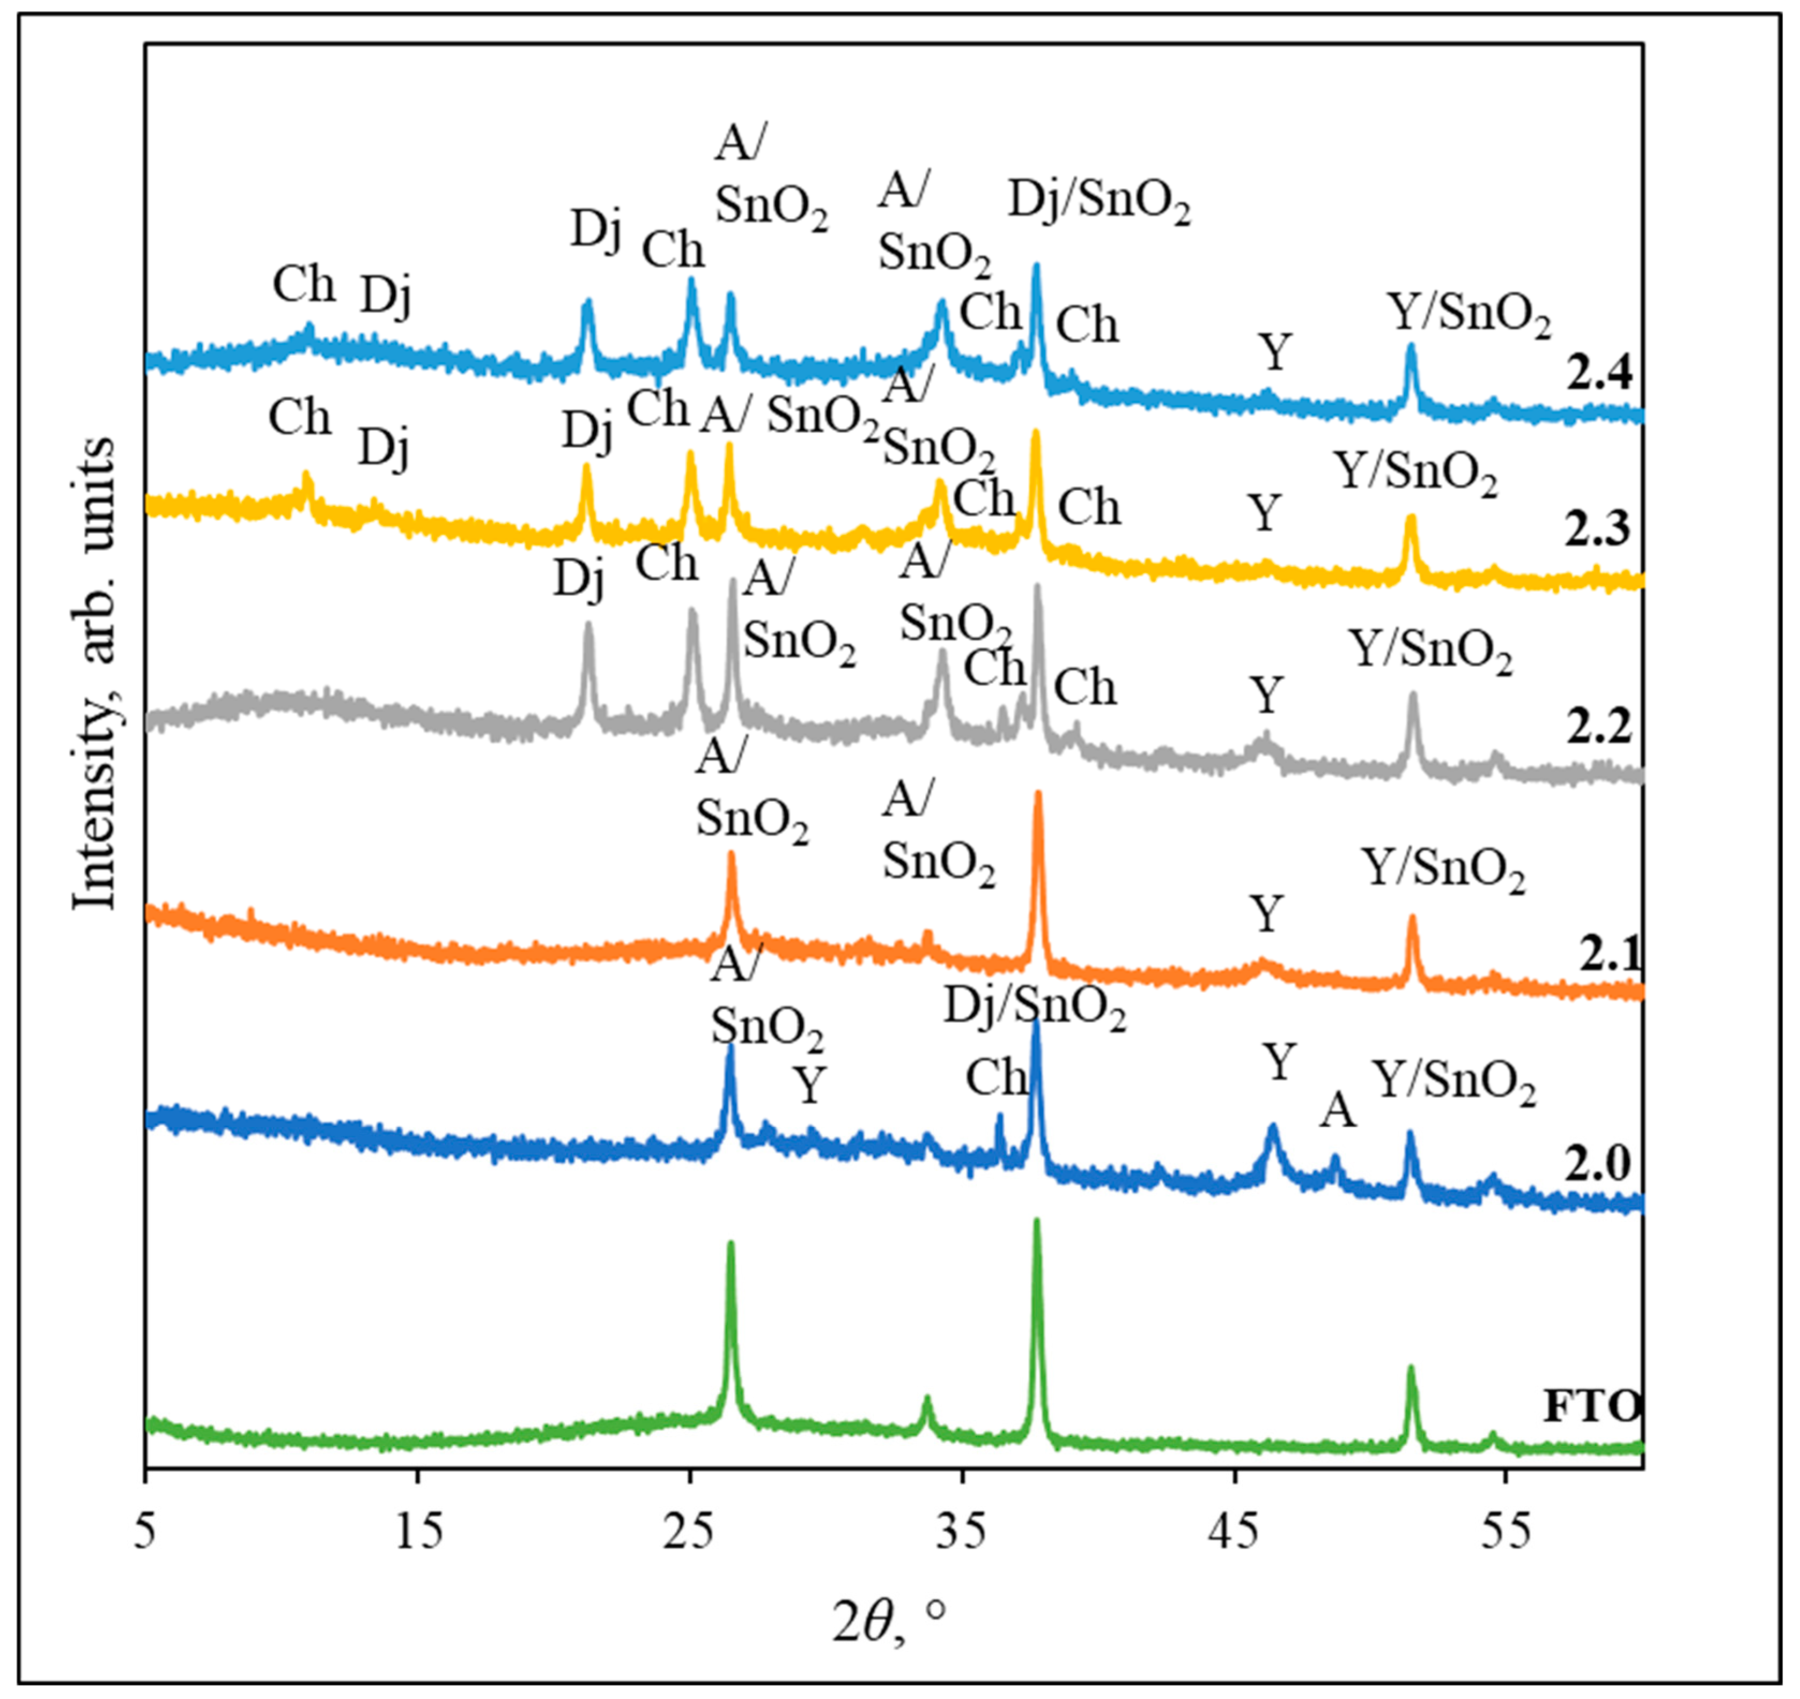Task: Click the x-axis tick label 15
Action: coord(418,1531)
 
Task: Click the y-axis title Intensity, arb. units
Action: coord(94,675)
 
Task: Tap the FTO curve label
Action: coord(1592,1407)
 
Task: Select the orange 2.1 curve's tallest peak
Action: coord(1038,795)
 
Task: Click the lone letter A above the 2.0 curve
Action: coord(1337,1110)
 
